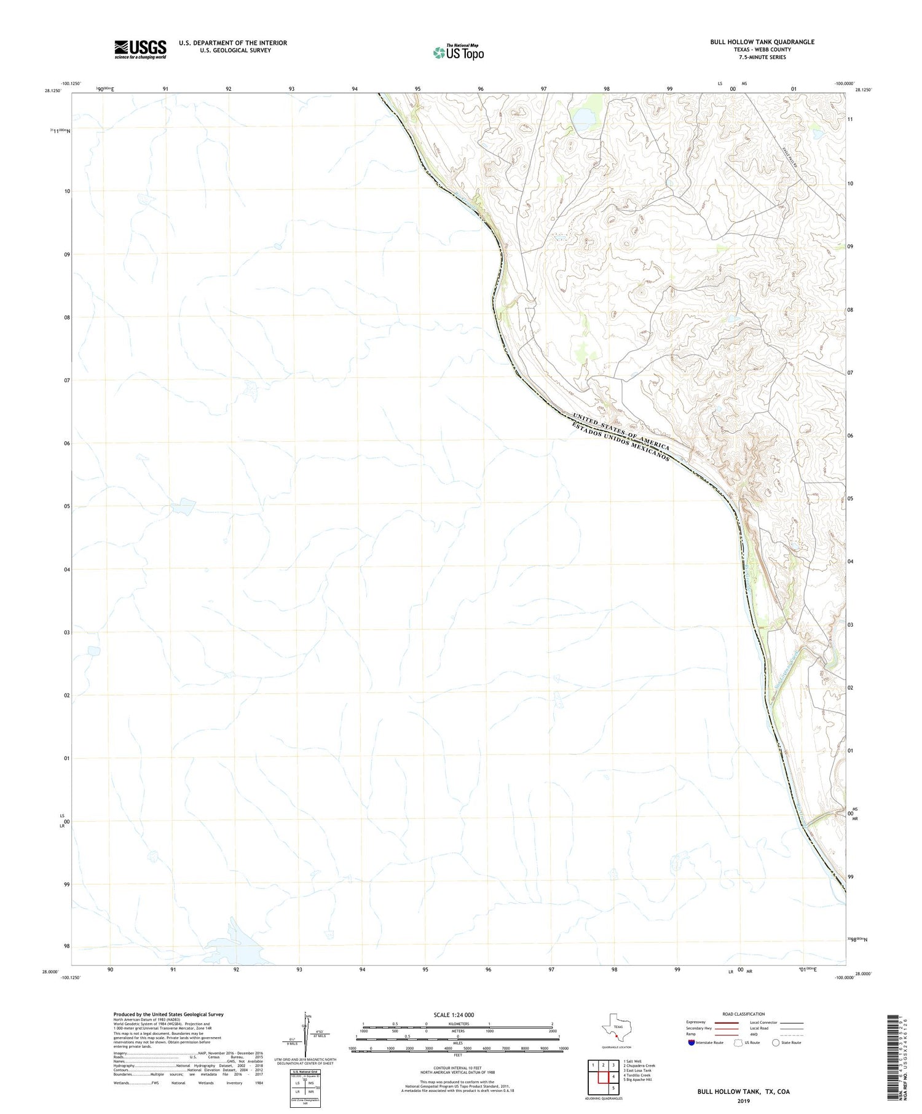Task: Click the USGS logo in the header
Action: pos(140,49)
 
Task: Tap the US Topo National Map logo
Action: pos(459,52)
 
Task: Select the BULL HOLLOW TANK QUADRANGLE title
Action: pos(762,42)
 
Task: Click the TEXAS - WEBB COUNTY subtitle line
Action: pos(762,50)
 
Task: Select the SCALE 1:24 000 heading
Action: pos(457,1014)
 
